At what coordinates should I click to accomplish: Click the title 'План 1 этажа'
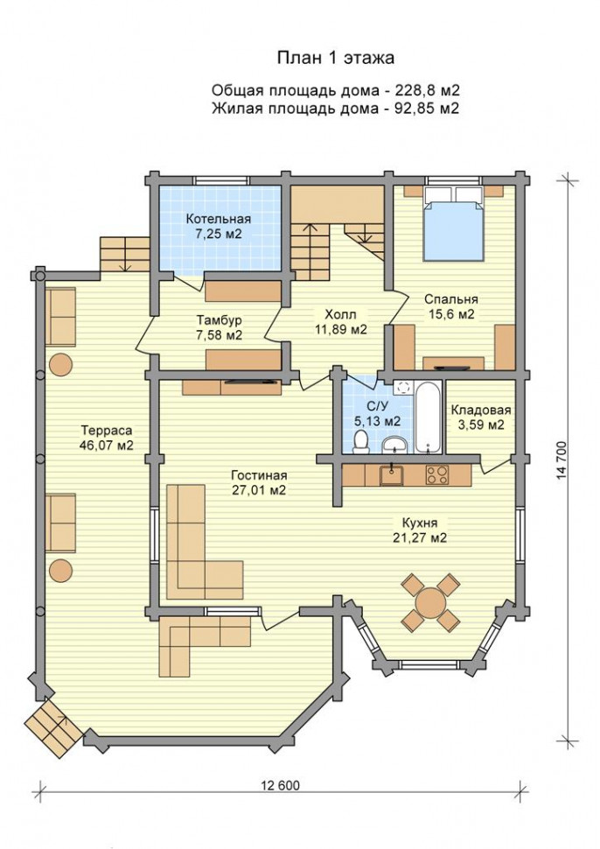point(336,58)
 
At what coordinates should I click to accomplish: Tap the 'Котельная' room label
point(219,219)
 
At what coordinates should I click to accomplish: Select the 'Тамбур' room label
point(220,319)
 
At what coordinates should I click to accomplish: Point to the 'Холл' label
point(340,314)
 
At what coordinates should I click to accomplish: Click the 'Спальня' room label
point(450,298)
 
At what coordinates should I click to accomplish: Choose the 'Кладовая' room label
point(481,410)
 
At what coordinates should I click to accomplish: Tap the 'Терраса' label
point(107,431)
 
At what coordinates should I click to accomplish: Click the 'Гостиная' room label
point(259,475)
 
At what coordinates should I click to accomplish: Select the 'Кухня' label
point(419,523)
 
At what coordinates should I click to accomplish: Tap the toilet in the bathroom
point(361,442)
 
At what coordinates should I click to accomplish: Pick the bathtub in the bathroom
point(429,417)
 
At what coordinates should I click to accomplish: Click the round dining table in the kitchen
point(430,601)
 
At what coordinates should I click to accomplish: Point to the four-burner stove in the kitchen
point(437,474)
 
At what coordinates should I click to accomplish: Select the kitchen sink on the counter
point(391,475)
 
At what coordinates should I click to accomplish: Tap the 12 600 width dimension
point(281,785)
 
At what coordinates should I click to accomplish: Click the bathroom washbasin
point(395,446)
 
